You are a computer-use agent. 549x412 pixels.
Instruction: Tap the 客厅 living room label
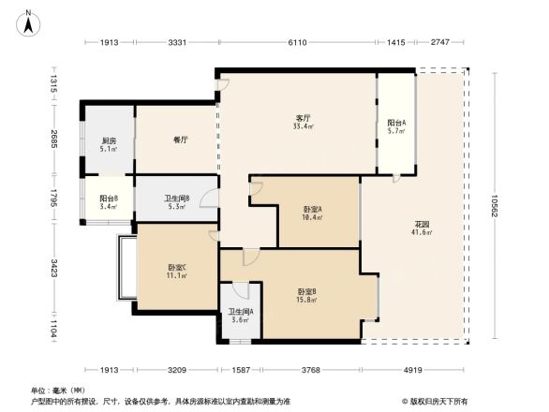click(302, 118)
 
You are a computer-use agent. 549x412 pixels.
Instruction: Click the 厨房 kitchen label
click(109, 140)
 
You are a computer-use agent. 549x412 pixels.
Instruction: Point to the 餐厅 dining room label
click(181, 140)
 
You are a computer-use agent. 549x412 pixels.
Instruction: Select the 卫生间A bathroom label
click(241, 313)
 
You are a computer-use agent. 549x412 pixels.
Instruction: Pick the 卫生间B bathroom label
click(177, 198)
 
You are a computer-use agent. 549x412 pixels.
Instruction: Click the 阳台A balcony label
click(396, 123)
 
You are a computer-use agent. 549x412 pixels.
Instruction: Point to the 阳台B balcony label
click(109, 198)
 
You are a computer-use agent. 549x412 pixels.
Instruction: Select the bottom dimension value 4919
click(413, 371)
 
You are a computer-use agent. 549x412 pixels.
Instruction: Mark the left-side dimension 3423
click(55, 272)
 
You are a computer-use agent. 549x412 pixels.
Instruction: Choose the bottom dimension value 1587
click(242, 371)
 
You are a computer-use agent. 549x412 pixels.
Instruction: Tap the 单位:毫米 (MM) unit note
click(58, 390)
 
